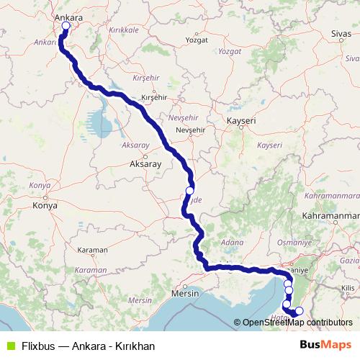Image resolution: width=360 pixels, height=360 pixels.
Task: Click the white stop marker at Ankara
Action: tap(66, 26)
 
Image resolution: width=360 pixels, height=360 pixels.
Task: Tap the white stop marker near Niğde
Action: tap(190, 191)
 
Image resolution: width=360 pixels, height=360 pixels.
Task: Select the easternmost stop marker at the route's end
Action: tap(300, 311)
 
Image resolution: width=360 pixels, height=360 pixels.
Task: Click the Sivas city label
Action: tap(341, 34)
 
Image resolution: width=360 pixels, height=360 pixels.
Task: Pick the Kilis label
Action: tap(351, 287)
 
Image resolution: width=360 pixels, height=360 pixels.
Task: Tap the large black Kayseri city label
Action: tap(241, 121)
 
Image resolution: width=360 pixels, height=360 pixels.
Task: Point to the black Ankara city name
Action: tap(67, 14)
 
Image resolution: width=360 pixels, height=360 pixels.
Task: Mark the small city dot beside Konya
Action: tap(45, 196)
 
